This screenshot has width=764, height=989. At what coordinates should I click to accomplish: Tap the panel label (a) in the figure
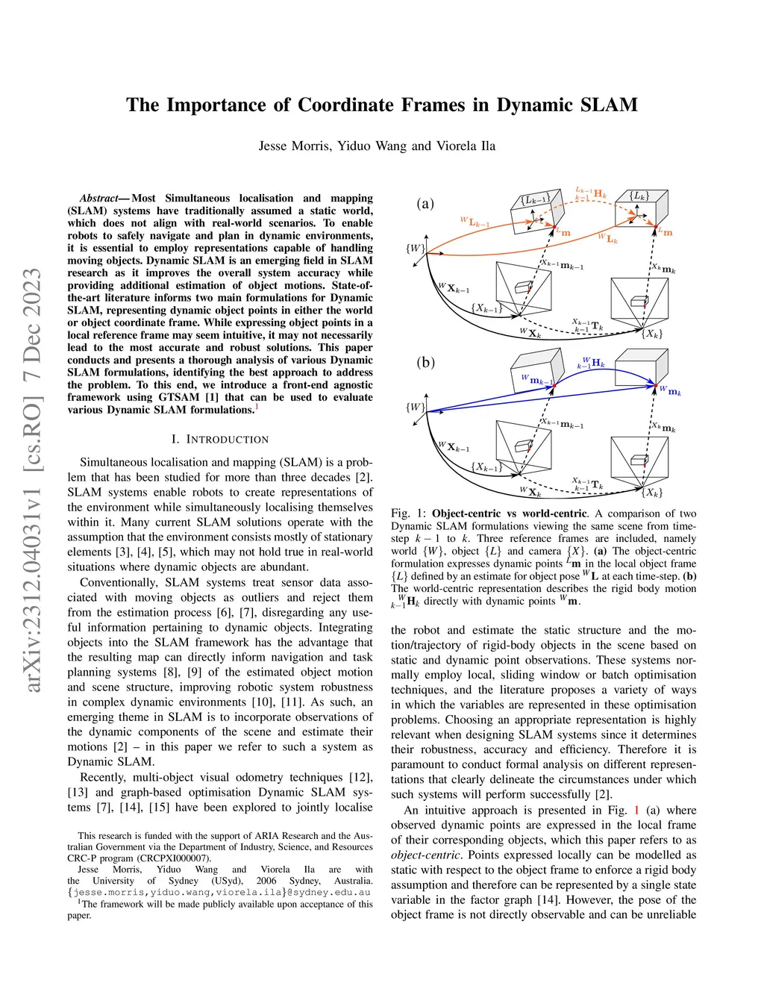tap(425, 204)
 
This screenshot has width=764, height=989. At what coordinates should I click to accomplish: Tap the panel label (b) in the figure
tap(425, 363)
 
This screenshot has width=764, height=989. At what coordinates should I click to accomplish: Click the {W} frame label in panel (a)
tap(416, 249)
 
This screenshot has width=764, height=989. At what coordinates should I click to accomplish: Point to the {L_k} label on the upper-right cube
tap(639, 196)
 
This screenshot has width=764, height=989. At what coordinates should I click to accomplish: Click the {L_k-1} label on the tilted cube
tap(535, 199)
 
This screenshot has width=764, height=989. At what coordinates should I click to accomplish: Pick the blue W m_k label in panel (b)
tap(670, 391)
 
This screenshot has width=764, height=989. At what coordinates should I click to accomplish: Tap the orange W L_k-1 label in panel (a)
tap(475, 222)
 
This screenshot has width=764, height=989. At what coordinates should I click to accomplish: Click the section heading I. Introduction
tap(219, 440)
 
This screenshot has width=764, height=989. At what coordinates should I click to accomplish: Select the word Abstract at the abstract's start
tap(99, 199)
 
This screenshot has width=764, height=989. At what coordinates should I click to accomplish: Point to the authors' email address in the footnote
tap(219, 892)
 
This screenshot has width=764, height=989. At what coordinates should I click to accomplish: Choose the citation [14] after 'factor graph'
tap(548, 899)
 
